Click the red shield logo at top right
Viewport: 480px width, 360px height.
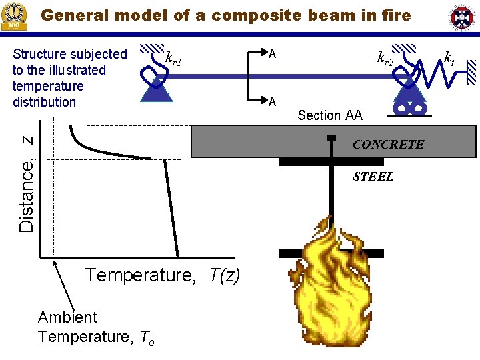coord(463,19)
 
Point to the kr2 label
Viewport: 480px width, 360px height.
coord(385,59)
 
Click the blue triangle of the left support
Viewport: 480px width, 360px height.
coord(157,87)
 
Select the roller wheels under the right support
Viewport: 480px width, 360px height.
coord(408,106)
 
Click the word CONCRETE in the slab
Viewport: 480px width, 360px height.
coord(388,144)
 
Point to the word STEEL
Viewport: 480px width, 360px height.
coord(373,177)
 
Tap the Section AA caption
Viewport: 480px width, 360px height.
coord(330,115)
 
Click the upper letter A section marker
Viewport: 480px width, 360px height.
coord(272,53)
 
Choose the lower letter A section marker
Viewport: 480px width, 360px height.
coord(272,101)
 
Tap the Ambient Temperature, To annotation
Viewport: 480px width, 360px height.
coord(96,327)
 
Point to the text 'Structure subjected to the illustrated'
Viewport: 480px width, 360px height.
coord(69,62)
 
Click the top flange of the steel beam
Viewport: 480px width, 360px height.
coord(331,161)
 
